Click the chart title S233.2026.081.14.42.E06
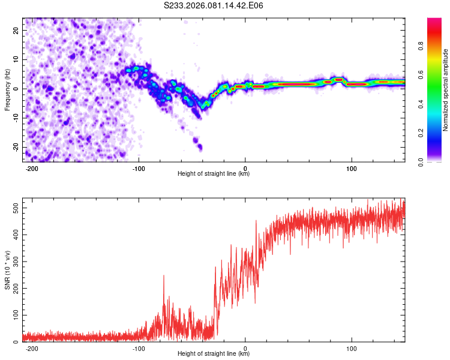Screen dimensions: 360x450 (214, 6)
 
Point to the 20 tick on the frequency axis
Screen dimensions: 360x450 (17, 31)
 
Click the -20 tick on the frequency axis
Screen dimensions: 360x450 (16, 148)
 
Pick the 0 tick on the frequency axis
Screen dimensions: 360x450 (19, 89)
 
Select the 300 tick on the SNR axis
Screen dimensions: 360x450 (14, 262)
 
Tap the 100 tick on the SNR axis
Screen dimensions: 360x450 (14, 315)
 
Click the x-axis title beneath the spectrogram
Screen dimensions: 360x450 (214, 174)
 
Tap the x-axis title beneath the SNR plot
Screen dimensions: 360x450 (214, 354)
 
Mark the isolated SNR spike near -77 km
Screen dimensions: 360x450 (163, 277)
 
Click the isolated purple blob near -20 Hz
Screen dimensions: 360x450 (200, 147)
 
